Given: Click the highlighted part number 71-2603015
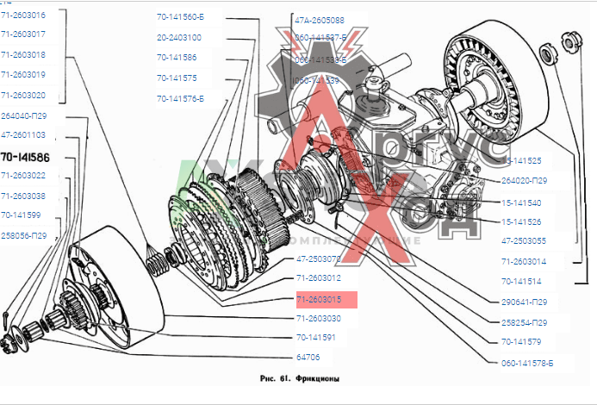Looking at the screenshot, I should [x=319, y=299].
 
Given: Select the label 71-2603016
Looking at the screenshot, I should [x=23, y=16].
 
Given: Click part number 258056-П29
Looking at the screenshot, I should [x=24, y=234].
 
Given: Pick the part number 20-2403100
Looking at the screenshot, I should [x=179, y=38].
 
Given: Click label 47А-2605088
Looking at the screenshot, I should [x=319, y=19].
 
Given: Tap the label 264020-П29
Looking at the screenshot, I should [x=524, y=181].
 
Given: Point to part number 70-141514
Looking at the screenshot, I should [x=521, y=280].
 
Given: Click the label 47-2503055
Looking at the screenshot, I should [x=522, y=241].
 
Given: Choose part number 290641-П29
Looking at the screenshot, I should [x=524, y=302].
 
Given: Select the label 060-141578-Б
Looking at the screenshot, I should [x=526, y=363].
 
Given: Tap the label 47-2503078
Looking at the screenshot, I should [x=319, y=258].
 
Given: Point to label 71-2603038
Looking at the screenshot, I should [x=23, y=196].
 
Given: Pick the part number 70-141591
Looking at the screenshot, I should [x=315, y=337].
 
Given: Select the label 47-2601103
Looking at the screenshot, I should [x=23, y=135].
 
